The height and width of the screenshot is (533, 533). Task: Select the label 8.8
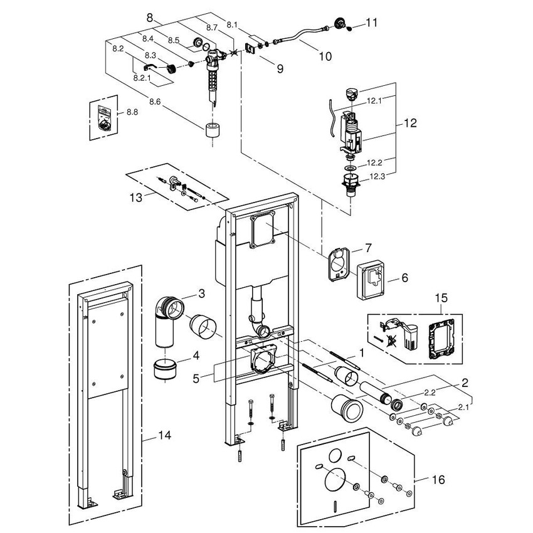tap(132, 112)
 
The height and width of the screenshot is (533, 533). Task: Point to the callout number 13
tap(135, 197)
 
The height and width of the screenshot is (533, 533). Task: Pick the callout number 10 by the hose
tap(324, 56)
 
